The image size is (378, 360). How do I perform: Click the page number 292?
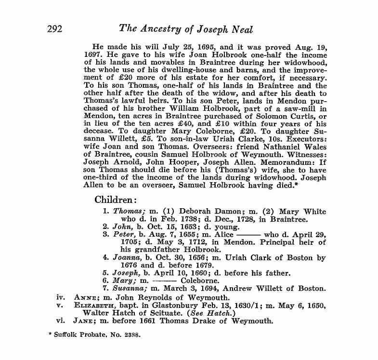click(57, 29)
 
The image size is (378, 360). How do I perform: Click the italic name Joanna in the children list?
click(127, 257)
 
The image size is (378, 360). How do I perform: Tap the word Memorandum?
click(287, 162)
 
